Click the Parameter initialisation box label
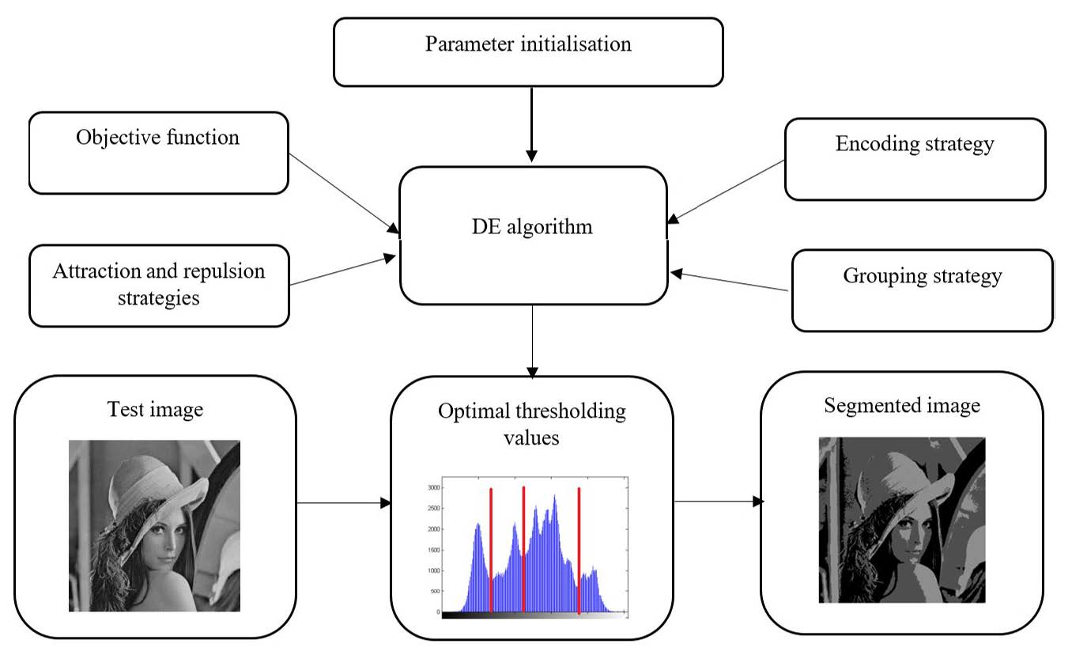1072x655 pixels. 528,44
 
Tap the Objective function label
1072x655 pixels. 157,137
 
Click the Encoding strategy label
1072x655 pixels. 914,143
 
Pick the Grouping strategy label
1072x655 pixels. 922,276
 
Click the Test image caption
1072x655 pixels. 155,409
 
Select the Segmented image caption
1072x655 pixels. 901,405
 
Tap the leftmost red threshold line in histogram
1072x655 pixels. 491,550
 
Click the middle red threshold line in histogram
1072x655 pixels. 523,550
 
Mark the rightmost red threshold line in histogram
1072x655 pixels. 579,550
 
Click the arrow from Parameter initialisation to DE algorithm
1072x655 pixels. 531,123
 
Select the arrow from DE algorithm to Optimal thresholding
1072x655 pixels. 532,340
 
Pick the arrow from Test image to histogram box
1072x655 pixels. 343,502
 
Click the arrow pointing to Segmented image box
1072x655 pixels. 717,502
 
